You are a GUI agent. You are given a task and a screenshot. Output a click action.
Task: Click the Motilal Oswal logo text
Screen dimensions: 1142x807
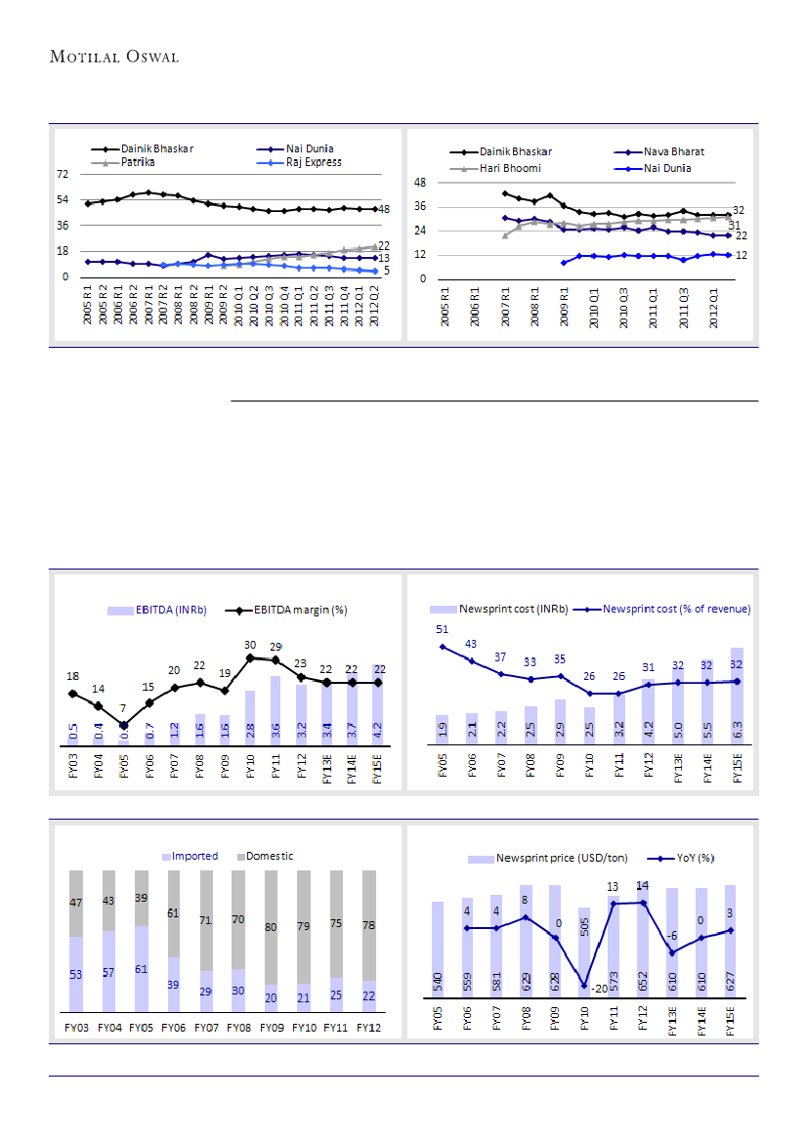click(114, 57)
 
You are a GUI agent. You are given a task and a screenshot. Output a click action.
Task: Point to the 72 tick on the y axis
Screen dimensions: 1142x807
click(63, 174)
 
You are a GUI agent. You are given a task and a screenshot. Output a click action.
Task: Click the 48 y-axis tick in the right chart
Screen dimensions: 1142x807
click(421, 183)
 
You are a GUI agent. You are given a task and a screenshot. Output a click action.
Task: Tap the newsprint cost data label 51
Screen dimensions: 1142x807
click(443, 630)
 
